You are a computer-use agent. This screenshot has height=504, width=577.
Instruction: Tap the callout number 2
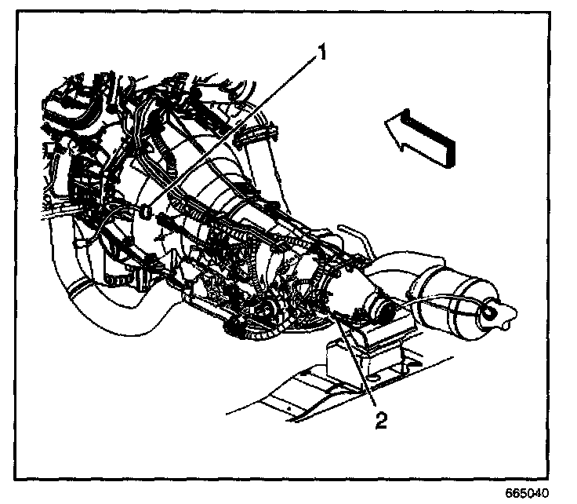point(380,421)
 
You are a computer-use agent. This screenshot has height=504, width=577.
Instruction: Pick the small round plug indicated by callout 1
point(147,210)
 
